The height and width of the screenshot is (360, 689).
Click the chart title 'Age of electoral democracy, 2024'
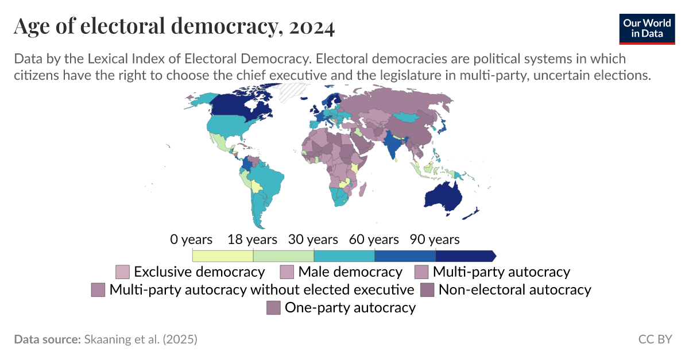coord(174,27)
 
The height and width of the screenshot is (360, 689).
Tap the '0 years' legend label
coord(191,239)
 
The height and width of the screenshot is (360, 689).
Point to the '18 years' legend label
coord(253,239)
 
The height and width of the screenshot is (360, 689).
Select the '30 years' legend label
coord(313,239)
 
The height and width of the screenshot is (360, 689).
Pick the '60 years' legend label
coord(374,239)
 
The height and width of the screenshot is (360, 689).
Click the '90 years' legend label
coord(435,239)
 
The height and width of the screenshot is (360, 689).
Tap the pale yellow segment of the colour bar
coord(223,256)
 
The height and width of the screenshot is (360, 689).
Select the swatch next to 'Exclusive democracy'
coord(123,272)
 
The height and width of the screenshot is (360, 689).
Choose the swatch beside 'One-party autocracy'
coord(274,308)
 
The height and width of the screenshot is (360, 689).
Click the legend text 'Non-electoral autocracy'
coord(514,289)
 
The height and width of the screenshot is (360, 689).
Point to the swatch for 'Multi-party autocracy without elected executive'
coord(98,290)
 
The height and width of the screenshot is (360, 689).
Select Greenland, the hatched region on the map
coord(293,92)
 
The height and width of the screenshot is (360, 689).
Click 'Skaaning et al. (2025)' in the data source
coord(141,339)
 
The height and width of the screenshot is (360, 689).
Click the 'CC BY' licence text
coord(655,339)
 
